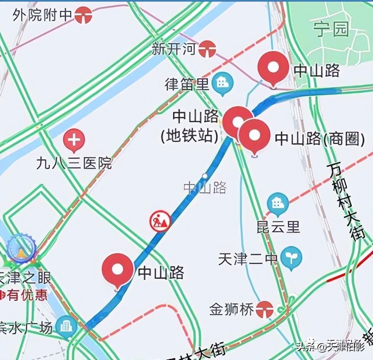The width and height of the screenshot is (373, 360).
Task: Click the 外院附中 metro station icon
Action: point(83,15)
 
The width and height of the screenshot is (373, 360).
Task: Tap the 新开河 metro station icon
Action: point(207,49)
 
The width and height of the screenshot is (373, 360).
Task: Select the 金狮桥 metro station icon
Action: point(265,309)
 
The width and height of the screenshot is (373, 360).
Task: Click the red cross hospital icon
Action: point(74,141)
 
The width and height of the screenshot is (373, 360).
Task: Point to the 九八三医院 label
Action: point(74,163)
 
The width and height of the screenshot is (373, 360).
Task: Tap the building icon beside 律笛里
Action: point(222,82)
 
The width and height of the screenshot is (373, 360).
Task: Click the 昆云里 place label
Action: point(278,227)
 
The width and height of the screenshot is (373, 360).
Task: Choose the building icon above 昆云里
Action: point(278,204)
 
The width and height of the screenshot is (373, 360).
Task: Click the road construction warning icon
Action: point(160,221)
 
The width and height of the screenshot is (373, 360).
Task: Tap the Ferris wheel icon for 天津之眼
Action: point(21,249)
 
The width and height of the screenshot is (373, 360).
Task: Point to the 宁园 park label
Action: point(331,29)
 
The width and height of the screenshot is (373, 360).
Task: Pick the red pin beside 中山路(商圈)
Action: point(254,135)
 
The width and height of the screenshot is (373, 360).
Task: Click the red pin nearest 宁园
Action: point(273,68)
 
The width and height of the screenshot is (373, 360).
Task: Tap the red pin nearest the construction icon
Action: point(118,270)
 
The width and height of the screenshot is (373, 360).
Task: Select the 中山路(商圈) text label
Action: point(320,139)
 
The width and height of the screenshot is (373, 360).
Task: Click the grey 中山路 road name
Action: point(205,188)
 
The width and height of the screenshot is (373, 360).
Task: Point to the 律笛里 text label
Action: point(187,84)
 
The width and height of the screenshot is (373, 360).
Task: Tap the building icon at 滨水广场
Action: point(67,326)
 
